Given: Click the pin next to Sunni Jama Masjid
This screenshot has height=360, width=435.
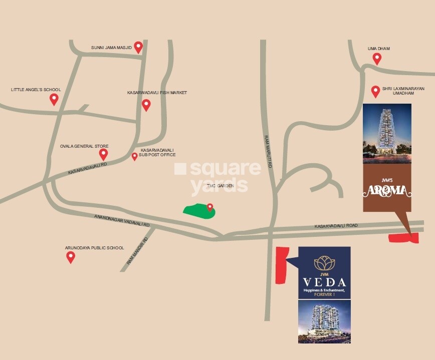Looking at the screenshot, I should point(138,47).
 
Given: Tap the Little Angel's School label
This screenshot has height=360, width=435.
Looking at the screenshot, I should point(36,90).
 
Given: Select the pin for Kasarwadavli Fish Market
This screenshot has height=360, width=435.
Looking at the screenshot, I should point(146,105).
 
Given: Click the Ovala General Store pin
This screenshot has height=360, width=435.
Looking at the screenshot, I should point(103,154).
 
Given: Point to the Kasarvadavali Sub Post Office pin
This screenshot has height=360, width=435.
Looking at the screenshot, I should point(134,156).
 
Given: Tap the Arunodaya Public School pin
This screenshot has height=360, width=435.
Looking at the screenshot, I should point(71,257).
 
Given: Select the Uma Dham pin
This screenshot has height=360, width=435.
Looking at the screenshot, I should point(377,59).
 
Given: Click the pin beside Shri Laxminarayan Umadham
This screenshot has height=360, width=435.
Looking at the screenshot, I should point(375,91).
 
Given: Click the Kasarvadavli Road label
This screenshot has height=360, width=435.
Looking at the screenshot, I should point(336,226).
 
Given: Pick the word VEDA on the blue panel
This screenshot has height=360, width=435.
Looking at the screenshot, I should point(324,281).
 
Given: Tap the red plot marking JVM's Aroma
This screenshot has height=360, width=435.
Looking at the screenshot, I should point(403,238).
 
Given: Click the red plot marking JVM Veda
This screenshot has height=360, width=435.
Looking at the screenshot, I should point(281,264).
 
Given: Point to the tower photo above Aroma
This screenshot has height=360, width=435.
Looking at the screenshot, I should point(387,133).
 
